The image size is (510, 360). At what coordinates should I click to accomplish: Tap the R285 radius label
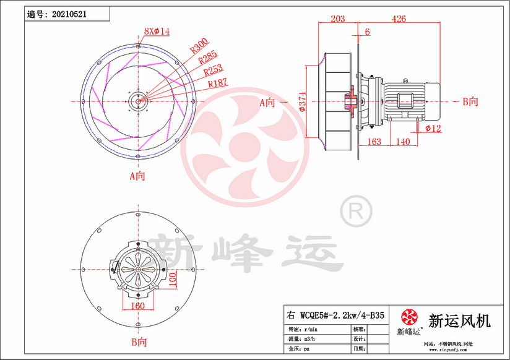click(x=208, y=59)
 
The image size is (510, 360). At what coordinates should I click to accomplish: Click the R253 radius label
click(x=214, y=71)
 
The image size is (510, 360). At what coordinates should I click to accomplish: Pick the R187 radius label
click(x=218, y=83)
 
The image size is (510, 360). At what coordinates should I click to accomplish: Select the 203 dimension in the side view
click(x=337, y=19)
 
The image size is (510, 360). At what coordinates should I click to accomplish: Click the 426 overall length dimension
click(x=399, y=19)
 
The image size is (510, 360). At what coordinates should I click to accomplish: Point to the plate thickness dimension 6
click(x=368, y=32)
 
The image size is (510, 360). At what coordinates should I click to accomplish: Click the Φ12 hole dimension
click(x=433, y=128)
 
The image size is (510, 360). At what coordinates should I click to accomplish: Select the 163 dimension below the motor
click(x=374, y=142)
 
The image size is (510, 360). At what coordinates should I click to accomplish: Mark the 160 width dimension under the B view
click(x=137, y=305)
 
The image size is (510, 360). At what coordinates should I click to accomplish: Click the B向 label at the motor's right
click(x=470, y=101)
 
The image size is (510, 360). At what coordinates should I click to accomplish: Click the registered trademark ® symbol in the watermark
click(x=356, y=212)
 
